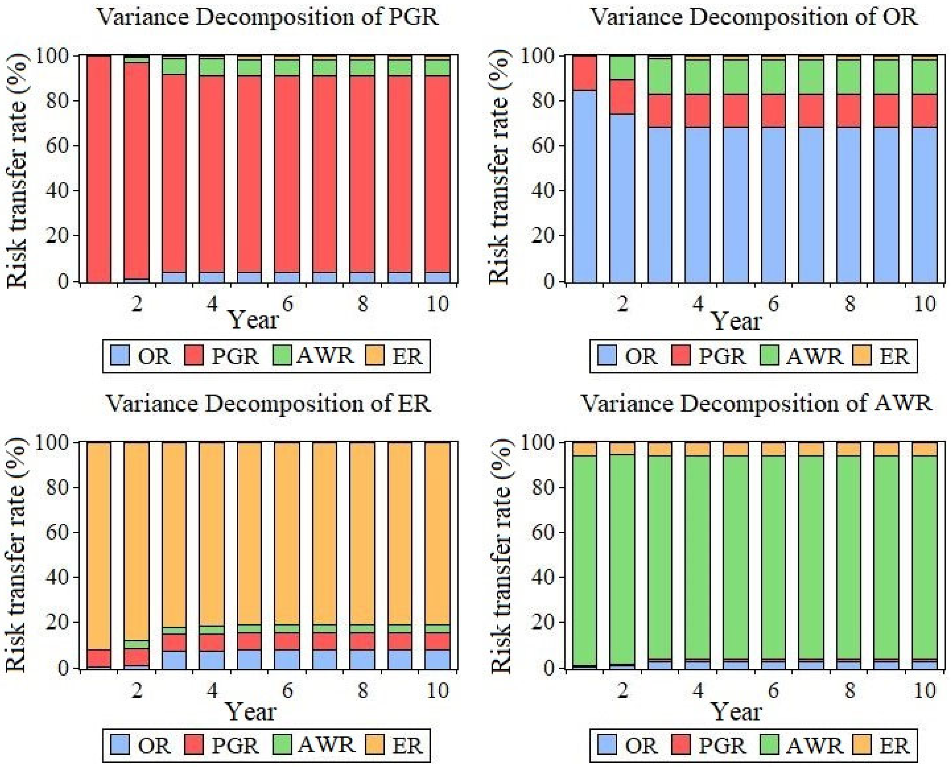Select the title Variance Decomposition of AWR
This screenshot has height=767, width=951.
point(756,404)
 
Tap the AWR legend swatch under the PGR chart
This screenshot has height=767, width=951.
point(282,356)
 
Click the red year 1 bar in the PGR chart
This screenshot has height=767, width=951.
point(99,168)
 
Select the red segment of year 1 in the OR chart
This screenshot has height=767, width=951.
point(585,73)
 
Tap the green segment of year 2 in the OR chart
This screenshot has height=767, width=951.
point(622,68)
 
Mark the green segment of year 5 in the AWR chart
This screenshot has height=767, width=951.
point(736,557)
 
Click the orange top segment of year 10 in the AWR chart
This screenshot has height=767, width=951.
point(925,448)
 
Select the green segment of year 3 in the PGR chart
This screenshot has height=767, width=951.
point(174,66)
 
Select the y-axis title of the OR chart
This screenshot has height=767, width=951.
point(499,168)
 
